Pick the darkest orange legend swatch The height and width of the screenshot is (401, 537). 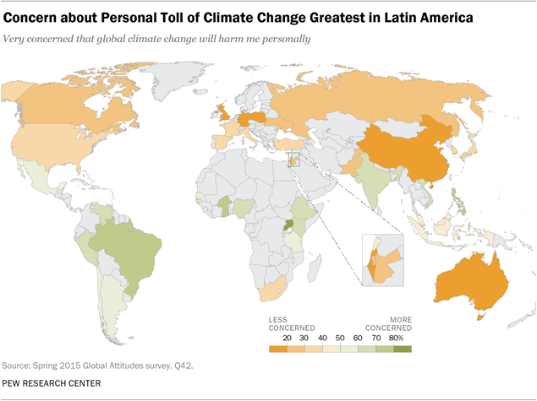[x=277, y=348]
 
